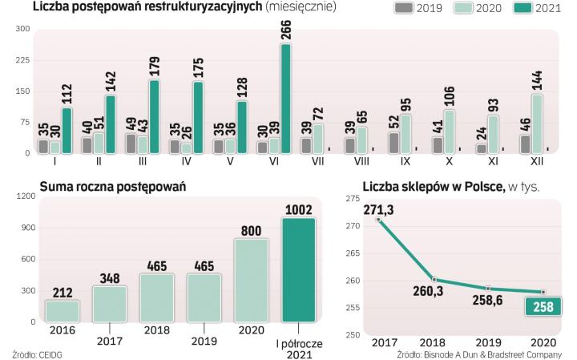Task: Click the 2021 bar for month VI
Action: tap(286, 99)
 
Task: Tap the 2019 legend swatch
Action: tap(404, 8)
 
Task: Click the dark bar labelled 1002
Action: tap(297, 269)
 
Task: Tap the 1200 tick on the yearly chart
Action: tap(26, 196)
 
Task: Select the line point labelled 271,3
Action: tap(378, 218)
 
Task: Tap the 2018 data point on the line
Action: tap(434, 280)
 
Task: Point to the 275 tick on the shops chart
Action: tap(352, 199)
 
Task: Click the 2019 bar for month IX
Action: tap(393, 143)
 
